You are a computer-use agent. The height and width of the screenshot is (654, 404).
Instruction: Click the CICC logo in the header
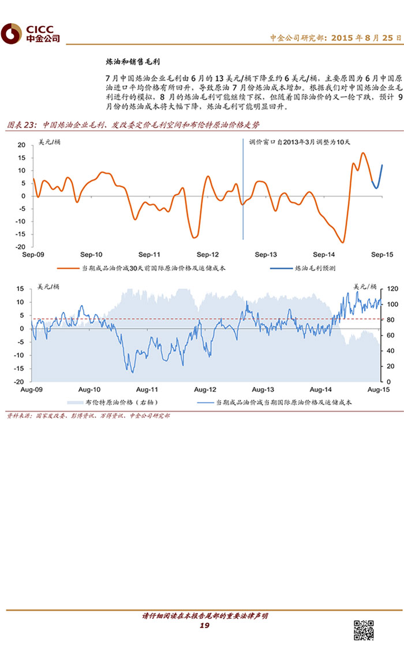[31, 34]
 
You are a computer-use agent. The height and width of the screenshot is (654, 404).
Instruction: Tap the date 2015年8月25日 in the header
[361, 38]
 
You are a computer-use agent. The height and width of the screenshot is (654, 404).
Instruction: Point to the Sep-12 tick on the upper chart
[208, 254]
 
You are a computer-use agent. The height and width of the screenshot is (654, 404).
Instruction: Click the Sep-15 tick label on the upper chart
[382, 254]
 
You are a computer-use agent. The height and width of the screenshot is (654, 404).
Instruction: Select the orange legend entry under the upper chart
[144, 268]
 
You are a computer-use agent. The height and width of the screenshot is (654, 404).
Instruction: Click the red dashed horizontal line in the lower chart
[173, 318]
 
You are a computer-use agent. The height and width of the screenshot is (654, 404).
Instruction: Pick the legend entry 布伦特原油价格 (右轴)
[113, 403]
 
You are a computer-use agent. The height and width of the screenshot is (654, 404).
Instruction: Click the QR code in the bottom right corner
[364, 631]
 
